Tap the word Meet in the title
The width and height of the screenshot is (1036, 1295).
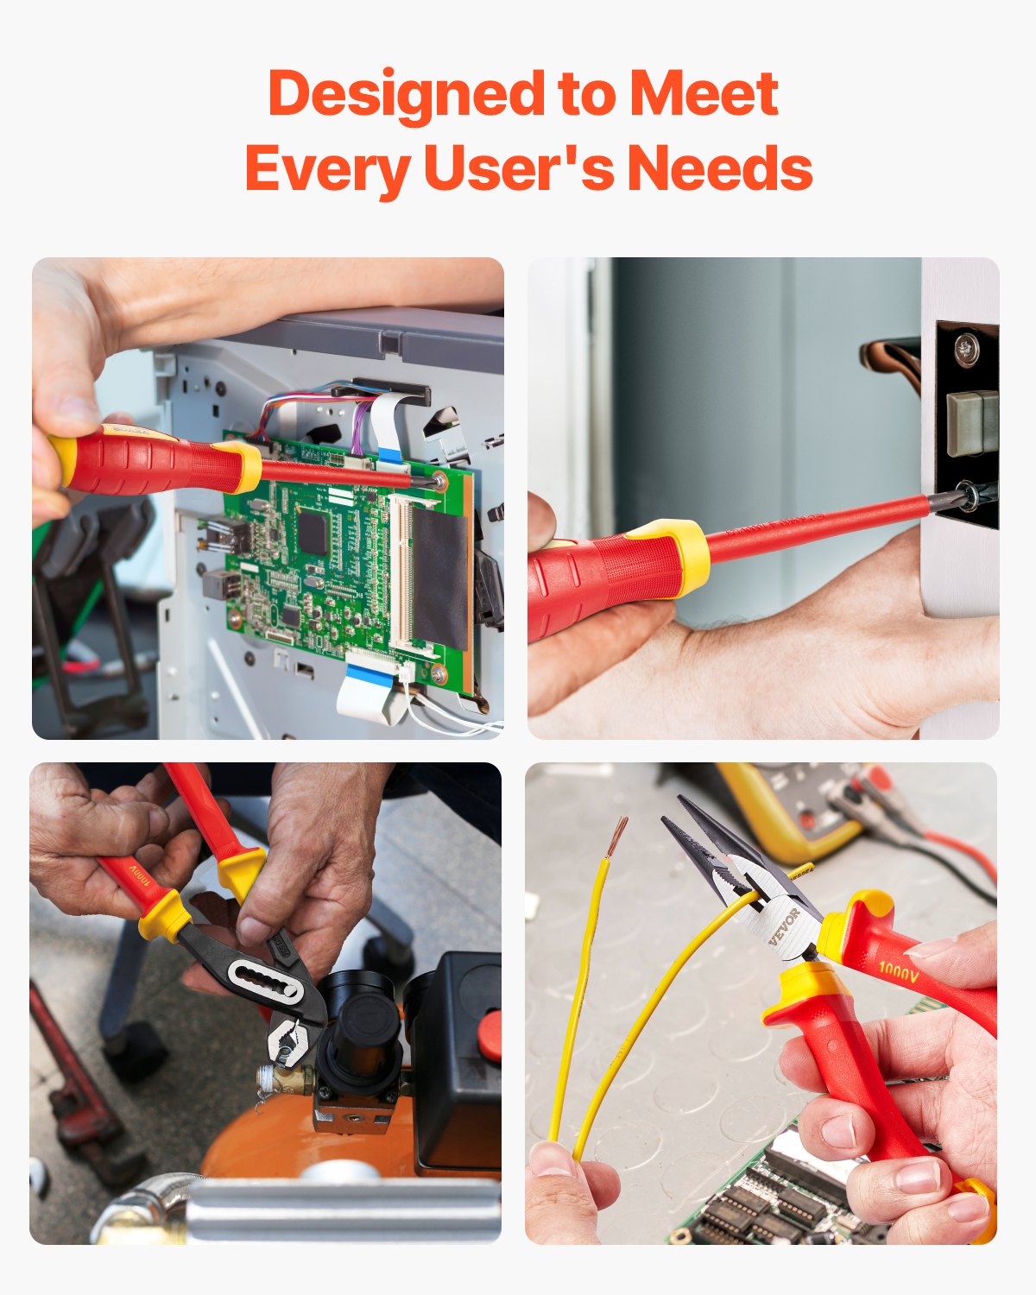(704, 93)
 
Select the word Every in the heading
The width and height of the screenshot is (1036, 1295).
(327, 168)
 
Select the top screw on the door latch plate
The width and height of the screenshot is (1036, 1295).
(966, 349)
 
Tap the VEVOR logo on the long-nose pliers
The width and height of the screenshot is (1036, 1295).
(785, 925)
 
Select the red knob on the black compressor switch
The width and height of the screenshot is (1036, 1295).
(490, 1035)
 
